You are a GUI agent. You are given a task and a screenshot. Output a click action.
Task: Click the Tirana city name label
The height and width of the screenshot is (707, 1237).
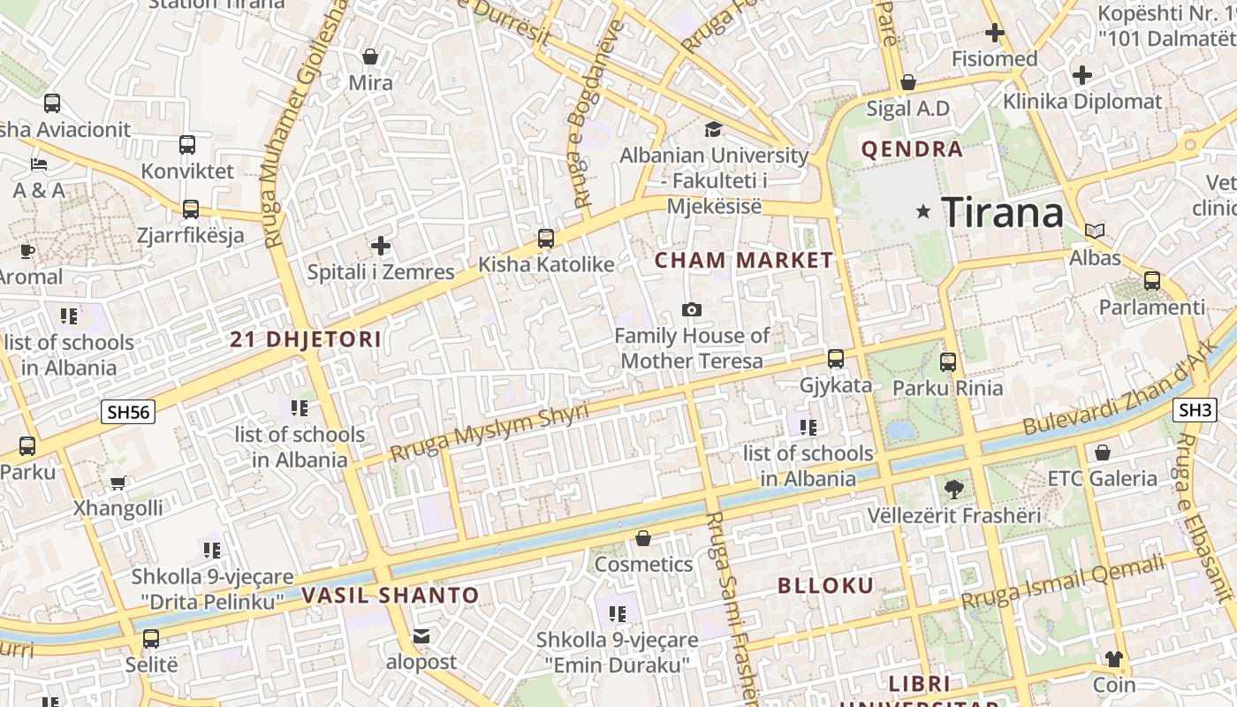pos(1002,213)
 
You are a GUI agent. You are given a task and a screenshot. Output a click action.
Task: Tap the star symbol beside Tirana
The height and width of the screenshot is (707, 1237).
pos(923,211)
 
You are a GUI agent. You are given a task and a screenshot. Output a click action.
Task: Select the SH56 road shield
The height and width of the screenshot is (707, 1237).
pos(128,412)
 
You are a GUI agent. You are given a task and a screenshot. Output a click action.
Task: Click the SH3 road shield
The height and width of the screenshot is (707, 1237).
pos(1195,410)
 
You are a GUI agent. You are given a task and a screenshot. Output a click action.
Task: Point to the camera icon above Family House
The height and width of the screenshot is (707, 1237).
pos(692,309)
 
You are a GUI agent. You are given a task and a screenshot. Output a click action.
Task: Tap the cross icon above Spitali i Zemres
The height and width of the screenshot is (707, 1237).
pos(381,246)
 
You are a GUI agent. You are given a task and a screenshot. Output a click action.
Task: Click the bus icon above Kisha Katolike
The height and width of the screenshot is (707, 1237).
pos(546,238)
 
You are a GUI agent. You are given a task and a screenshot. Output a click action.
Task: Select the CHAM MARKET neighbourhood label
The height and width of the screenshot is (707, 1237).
pos(743,261)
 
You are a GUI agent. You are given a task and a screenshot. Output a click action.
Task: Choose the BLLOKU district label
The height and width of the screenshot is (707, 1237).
pos(825,585)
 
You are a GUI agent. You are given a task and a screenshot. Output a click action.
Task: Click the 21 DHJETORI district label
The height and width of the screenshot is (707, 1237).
pos(306,339)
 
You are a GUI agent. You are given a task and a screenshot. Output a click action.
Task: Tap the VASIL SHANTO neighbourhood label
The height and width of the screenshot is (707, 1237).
pos(390,596)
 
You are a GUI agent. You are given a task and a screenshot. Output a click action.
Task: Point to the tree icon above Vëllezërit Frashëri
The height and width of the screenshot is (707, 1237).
pos(953,489)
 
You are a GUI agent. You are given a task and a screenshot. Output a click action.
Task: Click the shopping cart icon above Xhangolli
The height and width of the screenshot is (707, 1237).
pos(118,483)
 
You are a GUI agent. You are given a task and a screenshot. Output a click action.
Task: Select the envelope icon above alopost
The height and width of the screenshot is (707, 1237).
pos(421,635)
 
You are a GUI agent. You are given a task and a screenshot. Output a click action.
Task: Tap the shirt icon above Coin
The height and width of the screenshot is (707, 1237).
pos(1113,658)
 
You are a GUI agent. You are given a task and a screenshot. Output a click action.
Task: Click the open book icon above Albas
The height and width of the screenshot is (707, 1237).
pos(1095,232)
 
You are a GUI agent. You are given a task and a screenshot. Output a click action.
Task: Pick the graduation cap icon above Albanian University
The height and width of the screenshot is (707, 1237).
pos(713,130)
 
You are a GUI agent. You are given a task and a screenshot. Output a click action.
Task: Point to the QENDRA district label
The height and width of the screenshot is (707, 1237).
pos(912,149)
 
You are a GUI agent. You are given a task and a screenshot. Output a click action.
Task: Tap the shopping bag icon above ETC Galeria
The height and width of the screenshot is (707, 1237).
pos(1102,452)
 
